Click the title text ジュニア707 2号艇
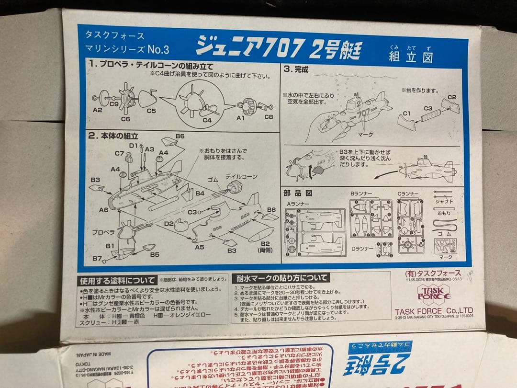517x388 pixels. point(278,48)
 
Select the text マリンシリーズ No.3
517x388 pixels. point(127,49)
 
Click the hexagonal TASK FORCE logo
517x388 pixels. point(434,293)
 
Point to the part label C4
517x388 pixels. point(207,120)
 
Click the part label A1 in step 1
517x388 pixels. point(240,118)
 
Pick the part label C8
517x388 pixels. point(269,117)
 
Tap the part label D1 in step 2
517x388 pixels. point(133,145)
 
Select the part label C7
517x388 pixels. point(119,153)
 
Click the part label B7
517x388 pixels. point(97,258)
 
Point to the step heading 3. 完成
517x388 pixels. point(296,69)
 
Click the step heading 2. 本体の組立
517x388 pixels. point(113,136)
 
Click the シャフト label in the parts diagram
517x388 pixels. point(444,202)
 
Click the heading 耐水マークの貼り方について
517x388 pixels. point(281,278)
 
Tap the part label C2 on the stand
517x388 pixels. point(451,97)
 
